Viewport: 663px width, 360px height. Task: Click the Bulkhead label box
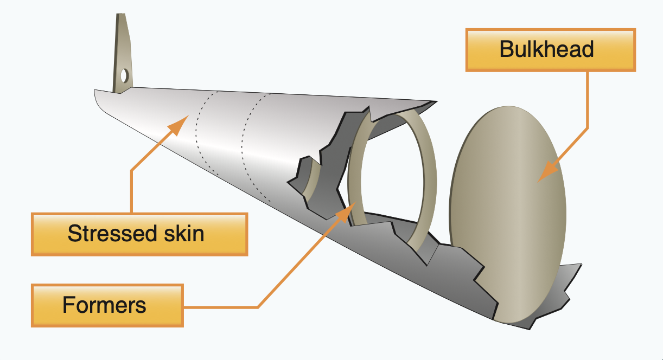click(x=550, y=50)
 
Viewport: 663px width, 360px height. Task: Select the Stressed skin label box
click(x=139, y=234)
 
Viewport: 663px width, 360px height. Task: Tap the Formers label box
click(x=107, y=305)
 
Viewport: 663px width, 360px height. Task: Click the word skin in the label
click(x=183, y=234)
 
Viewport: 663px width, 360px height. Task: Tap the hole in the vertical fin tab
click(x=125, y=75)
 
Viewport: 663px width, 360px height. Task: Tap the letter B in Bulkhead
click(x=506, y=49)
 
